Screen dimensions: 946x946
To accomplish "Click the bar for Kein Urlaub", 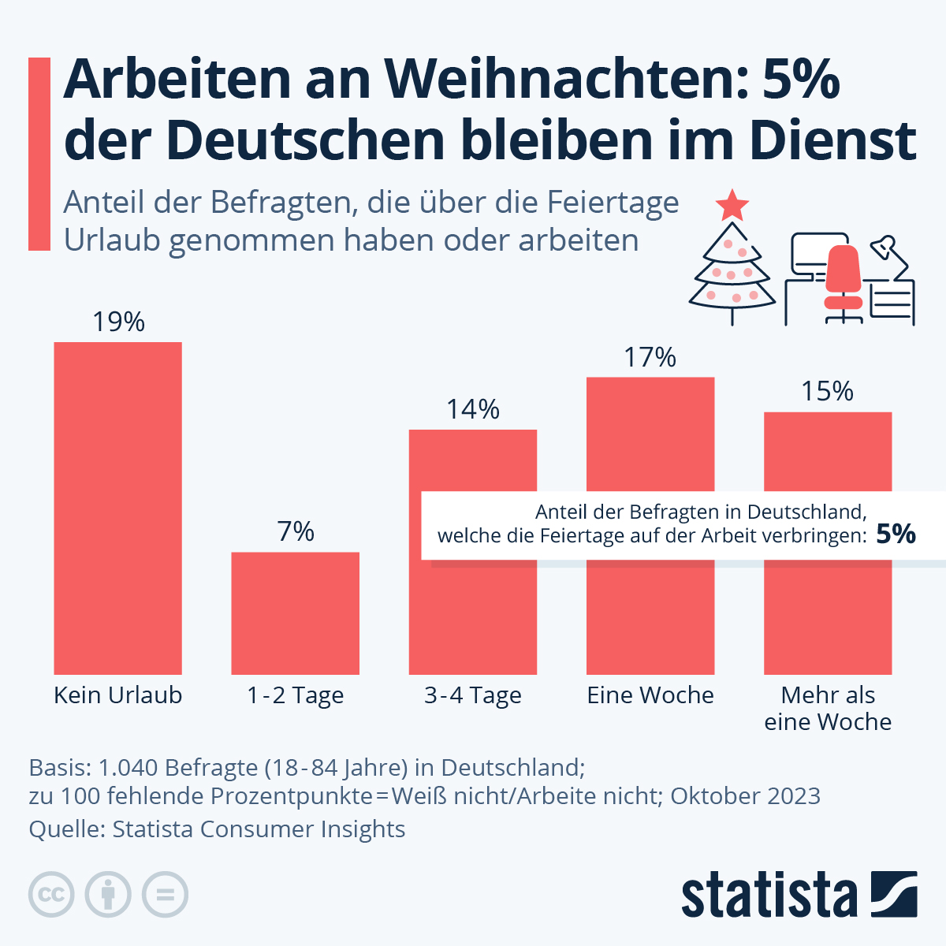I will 117,508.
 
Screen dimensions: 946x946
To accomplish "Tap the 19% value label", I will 118,322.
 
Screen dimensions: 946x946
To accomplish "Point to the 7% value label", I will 296,531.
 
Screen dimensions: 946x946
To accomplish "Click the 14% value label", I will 473,409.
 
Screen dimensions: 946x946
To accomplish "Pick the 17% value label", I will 650,357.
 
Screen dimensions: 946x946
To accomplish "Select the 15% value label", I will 828,391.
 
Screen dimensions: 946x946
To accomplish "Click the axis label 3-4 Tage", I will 473,695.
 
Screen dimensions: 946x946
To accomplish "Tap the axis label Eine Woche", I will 650,695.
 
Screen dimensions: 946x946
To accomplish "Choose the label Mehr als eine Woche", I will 828,708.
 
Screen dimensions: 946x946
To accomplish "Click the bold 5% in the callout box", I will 896,534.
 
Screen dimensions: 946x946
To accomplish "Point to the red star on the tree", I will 732,206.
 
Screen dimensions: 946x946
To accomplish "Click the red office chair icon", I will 844,280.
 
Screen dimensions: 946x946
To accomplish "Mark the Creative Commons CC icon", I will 51,895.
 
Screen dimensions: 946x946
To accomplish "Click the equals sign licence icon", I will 165,895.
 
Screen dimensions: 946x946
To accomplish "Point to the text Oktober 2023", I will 745,795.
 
